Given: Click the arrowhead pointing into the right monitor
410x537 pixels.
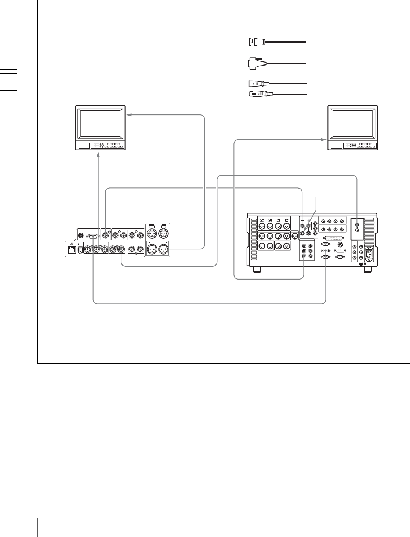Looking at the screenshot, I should click(323, 140).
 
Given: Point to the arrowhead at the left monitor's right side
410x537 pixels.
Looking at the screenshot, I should click(129, 115).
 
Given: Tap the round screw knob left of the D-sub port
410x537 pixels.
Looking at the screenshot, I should click(81, 236).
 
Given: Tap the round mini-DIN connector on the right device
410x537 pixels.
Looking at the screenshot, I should click(341, 243).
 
